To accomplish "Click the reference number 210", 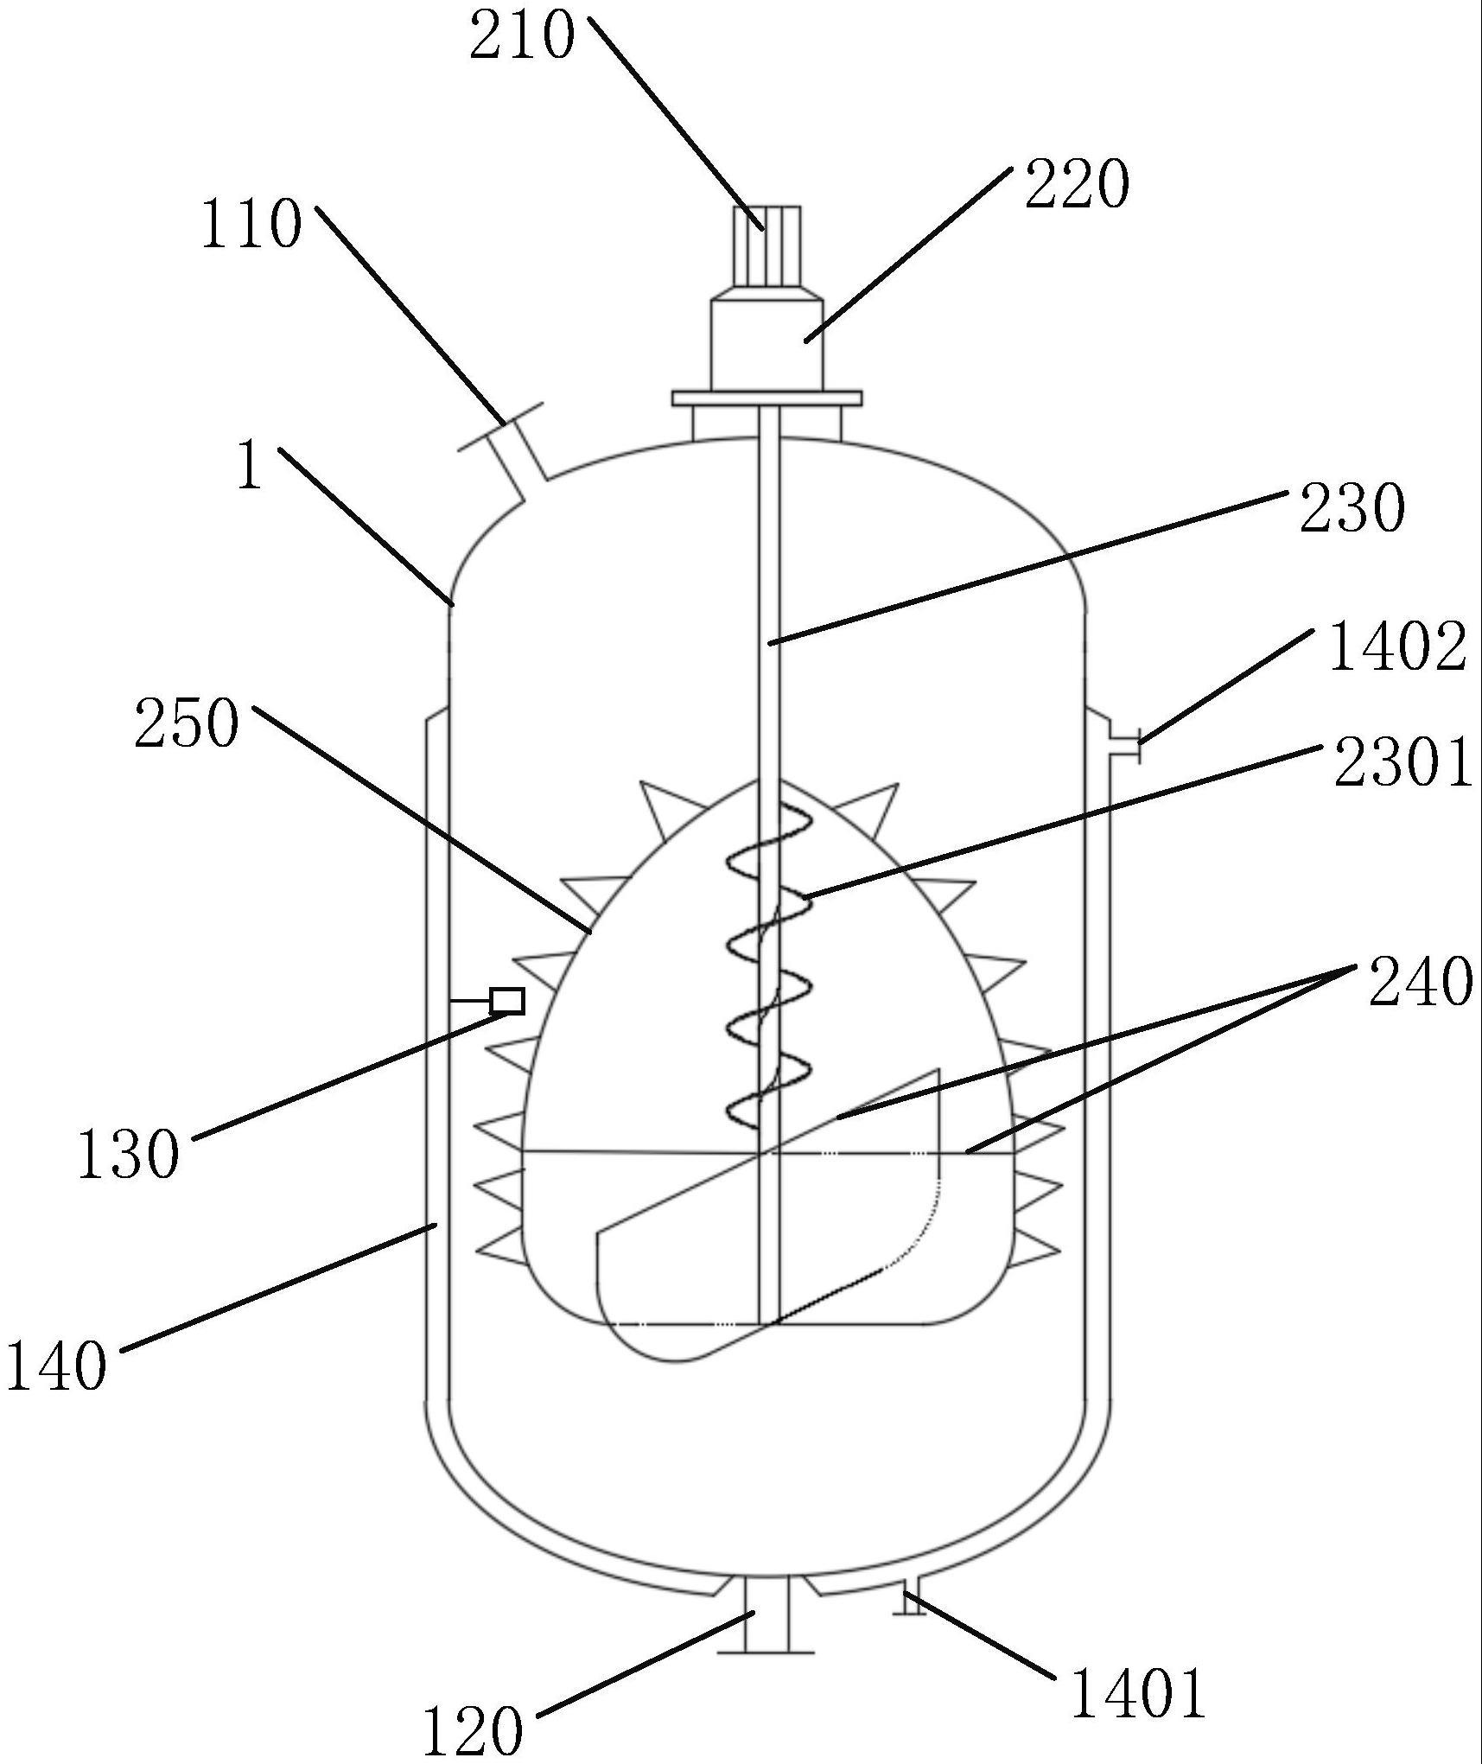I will pyautogui.click(x=522, y=36).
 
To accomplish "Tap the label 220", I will pyautogui.click(x=1077, y=185).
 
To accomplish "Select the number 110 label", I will pyautogui.click(x=251, y=225).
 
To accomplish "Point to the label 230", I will pyautogui.click(x=1352, y=509).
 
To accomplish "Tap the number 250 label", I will pyautogui.click(x=186, y=724).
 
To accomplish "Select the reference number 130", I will pyautogui.click(x=129, y=1155).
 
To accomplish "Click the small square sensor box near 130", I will pyautogui.click(x=506, y=1001).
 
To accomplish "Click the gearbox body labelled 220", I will pyautogui.click(x=766, y=344).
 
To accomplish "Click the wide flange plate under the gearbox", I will pyautogui.click(x=766, y=398).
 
